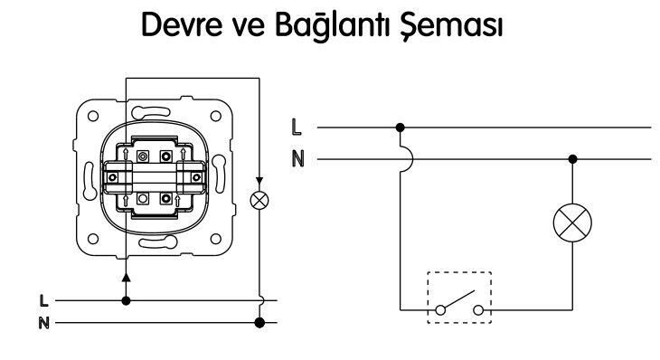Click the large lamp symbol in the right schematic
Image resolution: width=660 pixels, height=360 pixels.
tap(571, 223)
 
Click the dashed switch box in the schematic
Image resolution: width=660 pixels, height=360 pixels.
tap(457, 297)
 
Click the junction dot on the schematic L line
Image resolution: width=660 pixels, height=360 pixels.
tap(400, 128)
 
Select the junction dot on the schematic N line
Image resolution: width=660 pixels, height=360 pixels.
tap(571, 158)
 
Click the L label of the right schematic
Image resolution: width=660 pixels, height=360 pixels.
tap(297, 128)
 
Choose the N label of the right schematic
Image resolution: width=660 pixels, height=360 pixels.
tap(297, 158)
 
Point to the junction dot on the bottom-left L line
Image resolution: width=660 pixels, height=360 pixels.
tap(125, 298)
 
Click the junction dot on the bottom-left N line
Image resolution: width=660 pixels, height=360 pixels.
tap(259, 322)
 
